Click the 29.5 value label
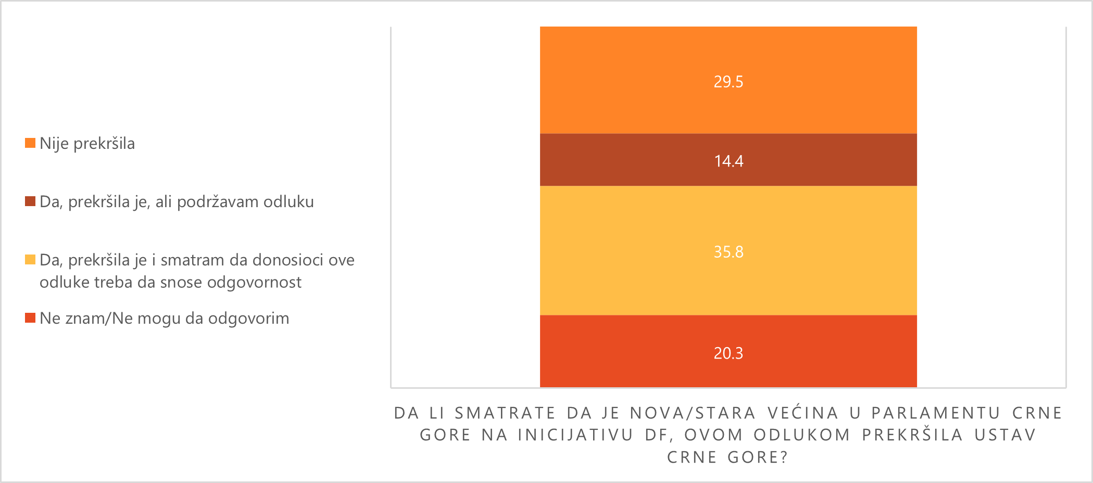[728, 82]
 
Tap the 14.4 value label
[728, 161]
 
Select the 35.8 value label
[728, 252]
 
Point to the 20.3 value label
[728, 354]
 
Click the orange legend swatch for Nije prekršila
[30, 143]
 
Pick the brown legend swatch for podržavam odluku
[30, 201]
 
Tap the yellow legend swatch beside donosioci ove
[30, 260]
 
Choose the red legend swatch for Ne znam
[30, 318]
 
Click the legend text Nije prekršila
[87, 144]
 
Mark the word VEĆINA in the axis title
[803, 413]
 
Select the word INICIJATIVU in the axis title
[575, 435]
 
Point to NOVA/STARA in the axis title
[693, 413]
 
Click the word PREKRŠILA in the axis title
[912, 435]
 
